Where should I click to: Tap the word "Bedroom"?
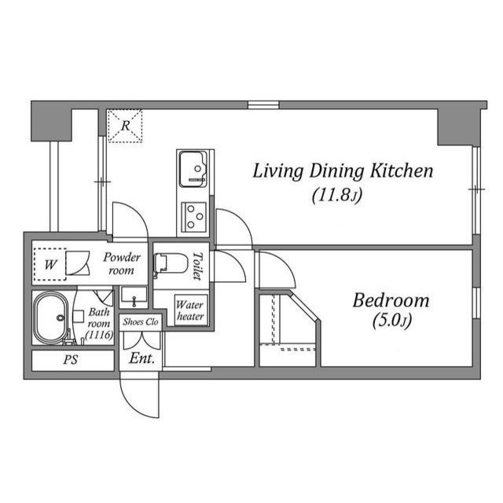click(x=391, y=300)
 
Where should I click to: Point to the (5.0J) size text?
click(x=391, y=321)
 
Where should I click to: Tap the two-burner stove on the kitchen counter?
click(x=193, y=214)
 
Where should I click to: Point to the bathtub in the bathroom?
click(x=53, y=319)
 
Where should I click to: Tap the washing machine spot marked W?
click(x=50, y=265)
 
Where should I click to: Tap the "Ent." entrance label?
click(x=142, y=358)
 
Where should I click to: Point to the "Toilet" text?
click(x=197, y=266)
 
